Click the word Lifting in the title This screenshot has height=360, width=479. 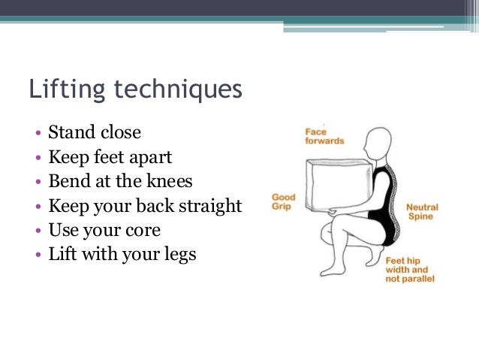coord(61,91)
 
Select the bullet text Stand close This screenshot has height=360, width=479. coord(95,133)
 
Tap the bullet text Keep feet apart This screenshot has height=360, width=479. coord(110,158)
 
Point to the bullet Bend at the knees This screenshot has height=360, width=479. coord(120,181)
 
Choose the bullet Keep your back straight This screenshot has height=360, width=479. coord(145,206)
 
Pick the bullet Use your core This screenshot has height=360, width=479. coord(104,229)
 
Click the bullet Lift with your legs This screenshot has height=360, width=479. coord(122,254)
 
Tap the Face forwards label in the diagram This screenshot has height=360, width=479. coord(324,136)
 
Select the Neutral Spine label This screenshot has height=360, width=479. coord(422,211)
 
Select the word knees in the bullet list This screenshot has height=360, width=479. coord(171,182)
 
